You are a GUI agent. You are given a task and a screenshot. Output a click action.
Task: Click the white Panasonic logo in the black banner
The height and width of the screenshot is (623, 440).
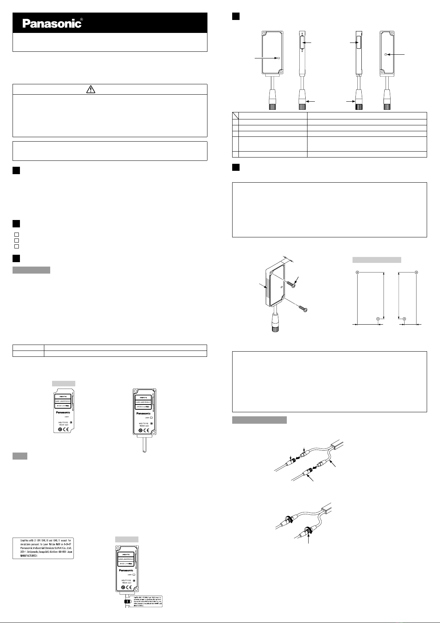click(x=52, y=24)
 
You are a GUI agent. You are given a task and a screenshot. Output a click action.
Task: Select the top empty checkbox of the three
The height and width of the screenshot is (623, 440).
click(x=16, y=235)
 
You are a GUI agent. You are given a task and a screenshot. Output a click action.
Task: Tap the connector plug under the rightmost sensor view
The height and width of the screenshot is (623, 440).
click(x=386, y=105)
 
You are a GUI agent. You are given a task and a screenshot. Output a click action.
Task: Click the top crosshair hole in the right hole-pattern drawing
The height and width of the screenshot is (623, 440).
click(x=416, y=272)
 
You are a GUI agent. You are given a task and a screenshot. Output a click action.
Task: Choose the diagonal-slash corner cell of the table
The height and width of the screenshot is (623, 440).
click(x=235, y=115)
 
